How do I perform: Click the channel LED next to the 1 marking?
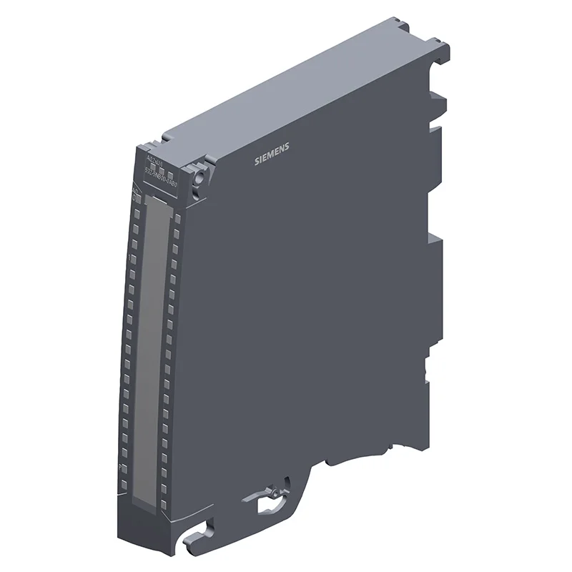[134, 257]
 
